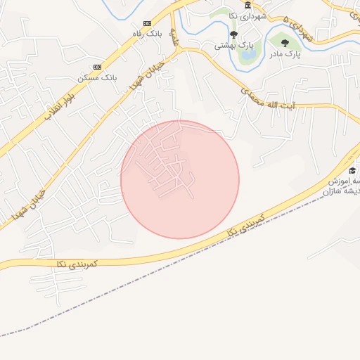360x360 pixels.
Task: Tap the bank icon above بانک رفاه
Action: click(146, 22)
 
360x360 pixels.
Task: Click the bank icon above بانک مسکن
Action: click(97, 67)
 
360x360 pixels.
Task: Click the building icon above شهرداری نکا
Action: click(247, 5)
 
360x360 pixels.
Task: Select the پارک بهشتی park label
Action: click(234, 45)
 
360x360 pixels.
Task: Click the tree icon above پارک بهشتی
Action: click(233, 34)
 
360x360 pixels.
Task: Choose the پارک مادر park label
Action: click(286, 53)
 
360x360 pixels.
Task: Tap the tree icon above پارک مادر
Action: click(285, 43)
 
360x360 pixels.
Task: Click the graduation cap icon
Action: click(352, 171)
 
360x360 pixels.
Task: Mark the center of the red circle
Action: click(180, 179)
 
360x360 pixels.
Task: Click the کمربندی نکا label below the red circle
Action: click(245, 226)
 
